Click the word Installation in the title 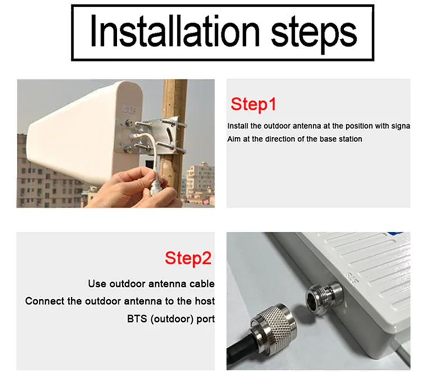click(x=175, y=31)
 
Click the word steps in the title click(x=314, y=34)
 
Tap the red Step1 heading click(x=253, y=104)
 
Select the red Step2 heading click(x=188, y=258)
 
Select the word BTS click(x=137, y=319)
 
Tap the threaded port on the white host click(x=323, y=295)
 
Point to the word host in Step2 click(x=204, y=301)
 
